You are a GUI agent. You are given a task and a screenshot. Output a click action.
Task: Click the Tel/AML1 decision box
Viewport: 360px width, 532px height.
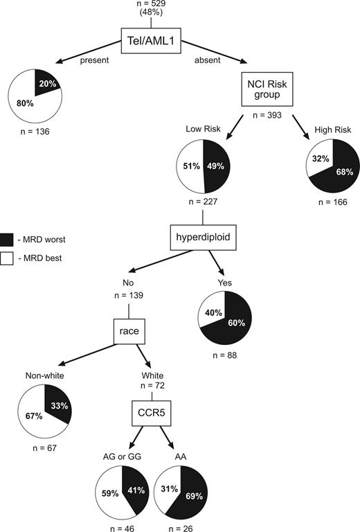pyautogui.click(x=152, y=40)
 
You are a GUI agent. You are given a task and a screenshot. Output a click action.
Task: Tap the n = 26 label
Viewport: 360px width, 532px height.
pyautogui.click(x=182, y=526)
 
